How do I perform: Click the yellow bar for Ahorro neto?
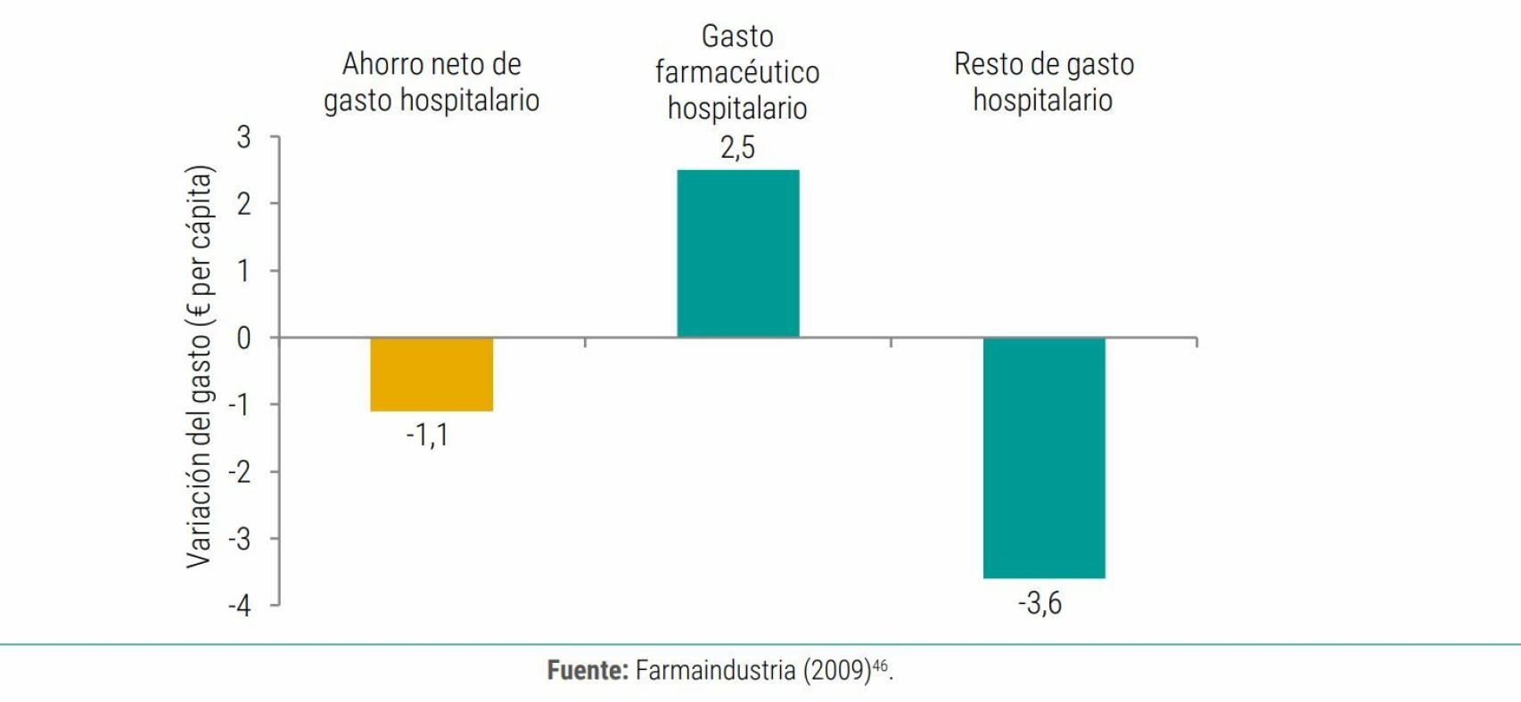432,374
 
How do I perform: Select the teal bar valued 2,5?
737,253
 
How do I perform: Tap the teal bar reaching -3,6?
1043,458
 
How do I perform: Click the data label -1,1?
427,435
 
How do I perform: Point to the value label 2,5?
737,148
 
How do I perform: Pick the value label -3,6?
1040,604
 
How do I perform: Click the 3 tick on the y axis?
243,137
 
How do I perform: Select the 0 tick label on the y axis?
243,339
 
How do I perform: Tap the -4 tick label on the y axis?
239,607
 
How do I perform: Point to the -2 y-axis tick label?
239,472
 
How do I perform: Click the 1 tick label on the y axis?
243,271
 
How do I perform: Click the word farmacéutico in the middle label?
736,73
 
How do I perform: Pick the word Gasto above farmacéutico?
736,37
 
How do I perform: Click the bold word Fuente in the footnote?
588,670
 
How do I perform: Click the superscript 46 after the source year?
880,665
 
